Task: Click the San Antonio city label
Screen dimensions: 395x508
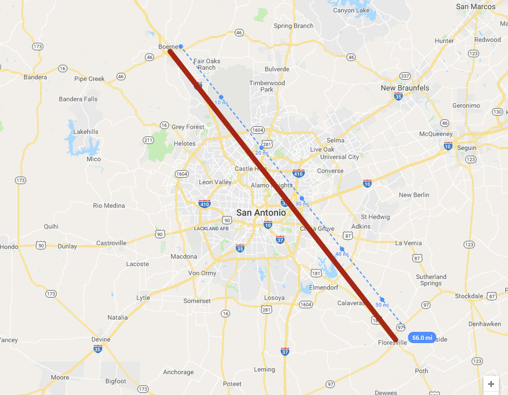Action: [x=261, y=213]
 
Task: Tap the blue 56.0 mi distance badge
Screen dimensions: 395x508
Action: [x=422, y=338]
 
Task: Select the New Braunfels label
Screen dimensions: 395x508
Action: [x=405, y=88]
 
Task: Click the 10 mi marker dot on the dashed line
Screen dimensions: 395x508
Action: [x=221, y=97]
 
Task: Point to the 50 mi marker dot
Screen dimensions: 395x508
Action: [x=382, y=300]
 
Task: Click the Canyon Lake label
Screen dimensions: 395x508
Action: [x=351, y=10]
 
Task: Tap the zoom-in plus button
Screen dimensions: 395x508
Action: [x=491, y=384]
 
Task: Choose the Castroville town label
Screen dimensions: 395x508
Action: [x=111, y=243]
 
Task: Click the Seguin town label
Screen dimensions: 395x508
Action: [x=466, y=148]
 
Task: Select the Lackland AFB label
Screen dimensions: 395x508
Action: [x=211, y=228]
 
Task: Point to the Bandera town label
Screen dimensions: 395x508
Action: [x=35, y=77]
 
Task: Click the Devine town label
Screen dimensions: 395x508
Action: [x=101, y=339]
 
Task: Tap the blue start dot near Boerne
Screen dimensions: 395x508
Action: [x=181, y=47]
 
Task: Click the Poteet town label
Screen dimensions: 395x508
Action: [x=232, y=384]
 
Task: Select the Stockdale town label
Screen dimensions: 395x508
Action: [x=469, y=296]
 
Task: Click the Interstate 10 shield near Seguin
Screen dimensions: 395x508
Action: [x=448, y=146]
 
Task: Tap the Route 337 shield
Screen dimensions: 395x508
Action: [x=405, y=76]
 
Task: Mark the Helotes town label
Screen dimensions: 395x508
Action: [x=184, y=143]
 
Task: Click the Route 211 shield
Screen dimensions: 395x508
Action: [x=148, y=140]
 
